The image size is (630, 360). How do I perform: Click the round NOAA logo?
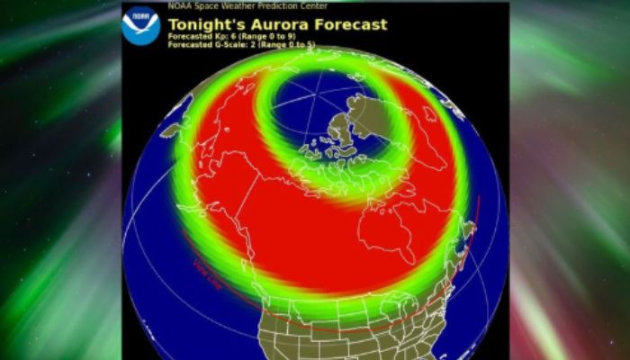click(140, 25)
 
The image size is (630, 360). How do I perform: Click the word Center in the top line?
click(315, 6)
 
